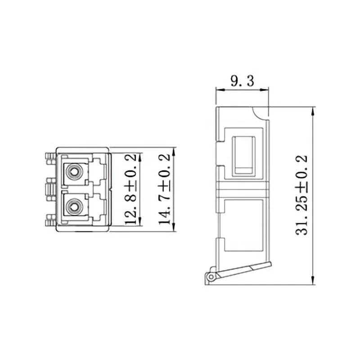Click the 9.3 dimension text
(243, 81)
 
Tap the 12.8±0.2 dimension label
(130, 189)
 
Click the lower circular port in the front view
(72, 207)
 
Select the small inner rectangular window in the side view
(243, 155)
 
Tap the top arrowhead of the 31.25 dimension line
(314, 110)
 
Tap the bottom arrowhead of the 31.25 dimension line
(314, 281)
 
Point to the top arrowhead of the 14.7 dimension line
(175, 150)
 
